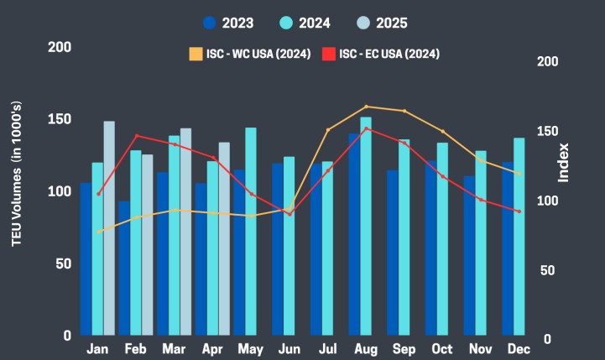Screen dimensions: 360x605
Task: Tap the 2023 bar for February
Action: pos(123,269)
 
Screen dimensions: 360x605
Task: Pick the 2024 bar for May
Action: pos(251,232)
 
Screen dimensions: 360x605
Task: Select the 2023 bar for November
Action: pos(469,256)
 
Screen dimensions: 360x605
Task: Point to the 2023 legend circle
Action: pos(211,23)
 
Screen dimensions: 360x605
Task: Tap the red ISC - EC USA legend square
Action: pos(330,54)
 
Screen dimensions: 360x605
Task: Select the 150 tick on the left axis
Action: pos(59,119)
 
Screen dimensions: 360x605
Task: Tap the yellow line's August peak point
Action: pos(366,107)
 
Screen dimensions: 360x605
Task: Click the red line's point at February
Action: pos(136,136)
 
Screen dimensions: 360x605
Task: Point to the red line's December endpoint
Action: pos(519,211)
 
